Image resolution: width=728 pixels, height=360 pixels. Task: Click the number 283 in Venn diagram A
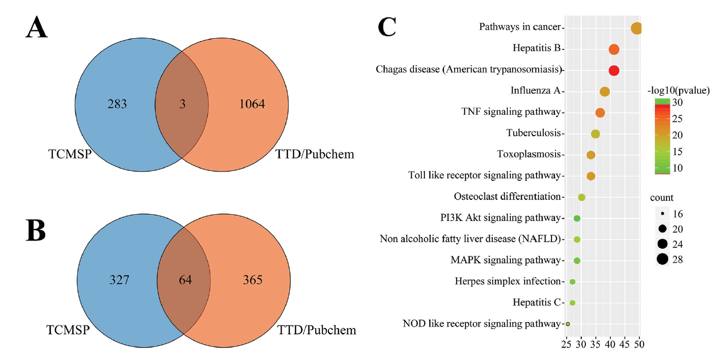click(x=117, y=104)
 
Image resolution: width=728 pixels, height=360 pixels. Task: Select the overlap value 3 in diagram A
click(x=183, y=104)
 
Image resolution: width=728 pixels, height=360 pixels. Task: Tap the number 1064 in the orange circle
click(x=252, y=104)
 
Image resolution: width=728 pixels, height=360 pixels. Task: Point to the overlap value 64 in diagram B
click(x=185, y=280)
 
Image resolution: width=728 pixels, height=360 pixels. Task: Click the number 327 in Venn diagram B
click(x=119, y=280)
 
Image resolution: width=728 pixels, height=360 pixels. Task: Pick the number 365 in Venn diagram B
click(x=252, y=280)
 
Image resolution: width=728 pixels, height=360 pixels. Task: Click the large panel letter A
click(x=37, y=28)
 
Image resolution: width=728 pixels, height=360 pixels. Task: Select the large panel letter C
click(x=387, y=27)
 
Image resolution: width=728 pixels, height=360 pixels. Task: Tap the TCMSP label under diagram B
click(x=68, y=330)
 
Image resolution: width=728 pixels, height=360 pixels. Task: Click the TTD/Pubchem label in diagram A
click(x=315, y=154)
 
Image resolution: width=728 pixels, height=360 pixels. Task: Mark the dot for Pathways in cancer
click(x=636, y=28)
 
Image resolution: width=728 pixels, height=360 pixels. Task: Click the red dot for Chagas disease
click(x=614, y=71)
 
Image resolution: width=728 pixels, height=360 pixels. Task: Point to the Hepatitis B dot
click(x=614, y=49)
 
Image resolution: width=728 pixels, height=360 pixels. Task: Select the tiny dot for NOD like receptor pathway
click(x=568, y=324)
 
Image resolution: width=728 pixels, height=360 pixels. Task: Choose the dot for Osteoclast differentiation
click(x=582, y=197)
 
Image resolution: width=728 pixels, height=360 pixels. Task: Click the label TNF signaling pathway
click(x=511, y=112)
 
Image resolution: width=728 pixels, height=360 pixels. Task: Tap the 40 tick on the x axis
click(x=610, y=345)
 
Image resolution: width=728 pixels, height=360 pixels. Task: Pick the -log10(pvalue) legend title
click(x=679, y=91)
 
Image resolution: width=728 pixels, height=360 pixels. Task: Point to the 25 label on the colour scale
click(x=678, y=118)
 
